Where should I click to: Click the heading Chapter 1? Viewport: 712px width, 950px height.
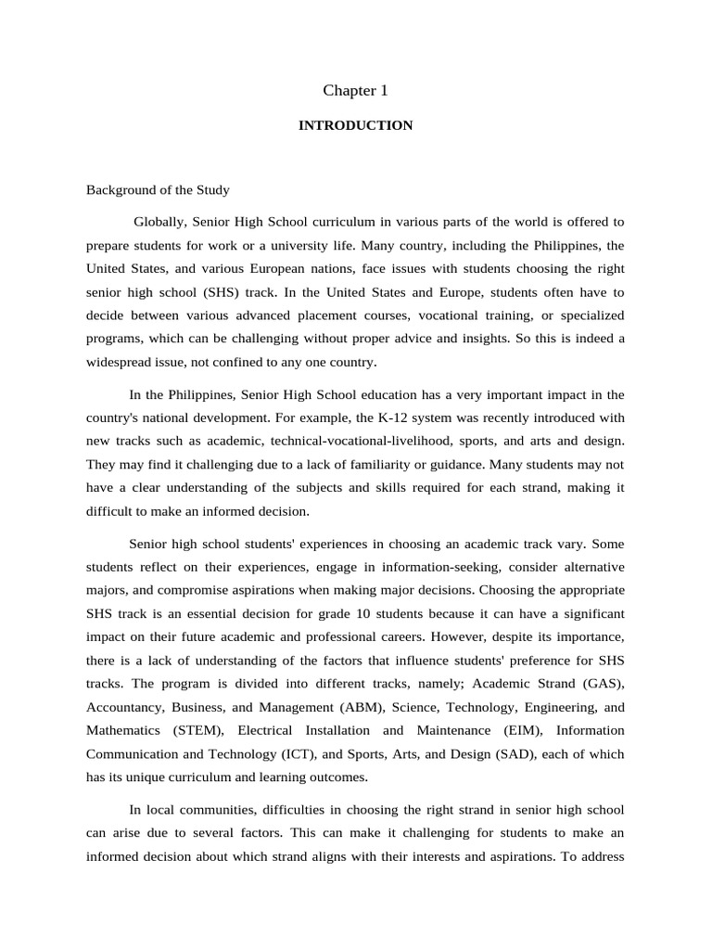tap(355, 90)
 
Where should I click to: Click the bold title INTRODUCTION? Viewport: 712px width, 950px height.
tap(355, 125)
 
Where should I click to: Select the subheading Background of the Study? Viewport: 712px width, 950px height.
tap(158, 190)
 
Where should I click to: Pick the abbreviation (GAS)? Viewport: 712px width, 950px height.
tap(601, 684)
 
